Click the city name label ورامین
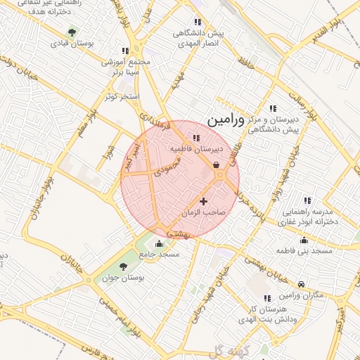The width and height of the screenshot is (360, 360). click(226, 120)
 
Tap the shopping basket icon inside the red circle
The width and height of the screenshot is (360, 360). click(216, 165)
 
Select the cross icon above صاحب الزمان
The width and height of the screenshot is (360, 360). click(204, 202)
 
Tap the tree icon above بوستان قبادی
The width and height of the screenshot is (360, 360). click(72, 32)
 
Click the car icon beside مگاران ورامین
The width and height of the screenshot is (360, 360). click(302, 284)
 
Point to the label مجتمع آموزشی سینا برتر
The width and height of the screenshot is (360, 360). click(127, 66)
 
